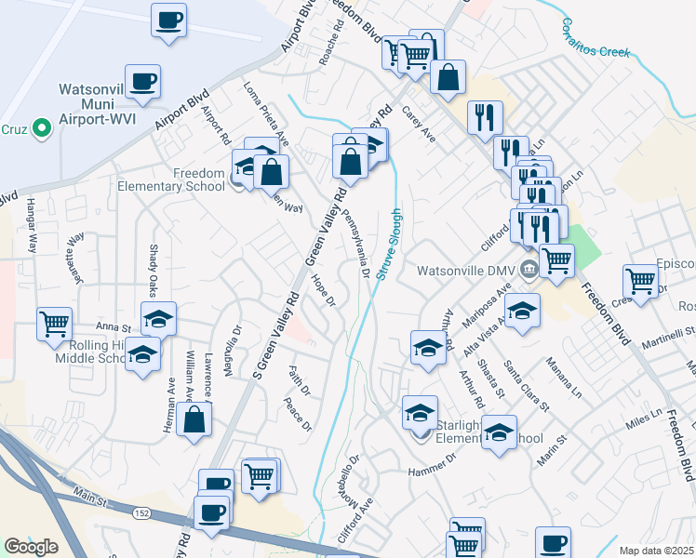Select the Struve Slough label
tap(390, 246)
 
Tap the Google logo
tap(31, 547)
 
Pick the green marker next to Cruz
tap(41, 129)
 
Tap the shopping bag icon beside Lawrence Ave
tap(193, 419)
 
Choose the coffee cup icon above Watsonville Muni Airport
tap(143, 82)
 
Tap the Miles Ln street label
tap(643, 418)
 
